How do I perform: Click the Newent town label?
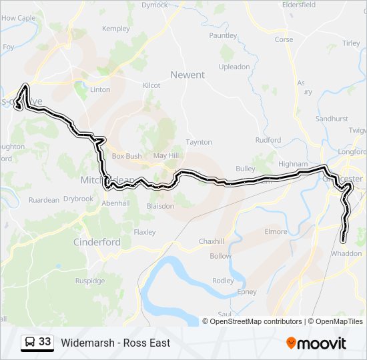(x=188, y=75)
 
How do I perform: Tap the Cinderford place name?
(x=97, y=242)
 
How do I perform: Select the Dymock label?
(x=155, y=5)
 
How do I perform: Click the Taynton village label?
(x=199, y=142)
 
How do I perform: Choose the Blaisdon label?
(x=159, y=206)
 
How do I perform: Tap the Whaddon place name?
(x=346, y=253)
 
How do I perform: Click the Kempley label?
(x=116, y=29)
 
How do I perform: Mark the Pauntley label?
(x=223, y=35)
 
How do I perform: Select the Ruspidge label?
(x=90, y=281)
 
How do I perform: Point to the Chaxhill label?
(x=214, y=241)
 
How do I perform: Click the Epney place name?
(x=246, y=292)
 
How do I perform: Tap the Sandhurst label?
(x=332, y=119)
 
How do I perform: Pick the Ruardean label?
(x=44, y=199)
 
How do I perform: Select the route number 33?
(x=45, y=342)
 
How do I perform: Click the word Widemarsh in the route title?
(x=86, y=343)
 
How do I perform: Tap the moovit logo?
(x=316, y=343)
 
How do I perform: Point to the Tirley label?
(x=351, y=43)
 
